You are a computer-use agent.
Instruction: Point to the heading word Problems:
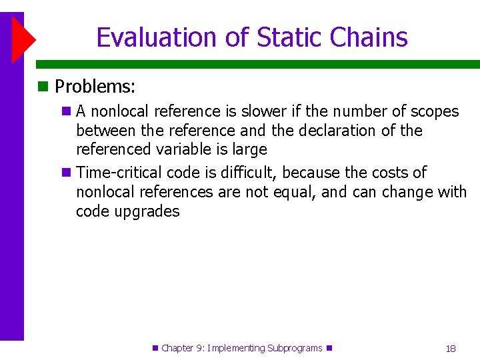click(95, 87)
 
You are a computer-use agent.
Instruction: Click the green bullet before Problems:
click(43, 87)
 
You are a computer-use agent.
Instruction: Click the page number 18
click(451, 349)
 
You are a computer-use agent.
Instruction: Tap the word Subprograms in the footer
click(294, 348)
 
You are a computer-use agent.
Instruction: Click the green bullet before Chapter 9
click(155, 348)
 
